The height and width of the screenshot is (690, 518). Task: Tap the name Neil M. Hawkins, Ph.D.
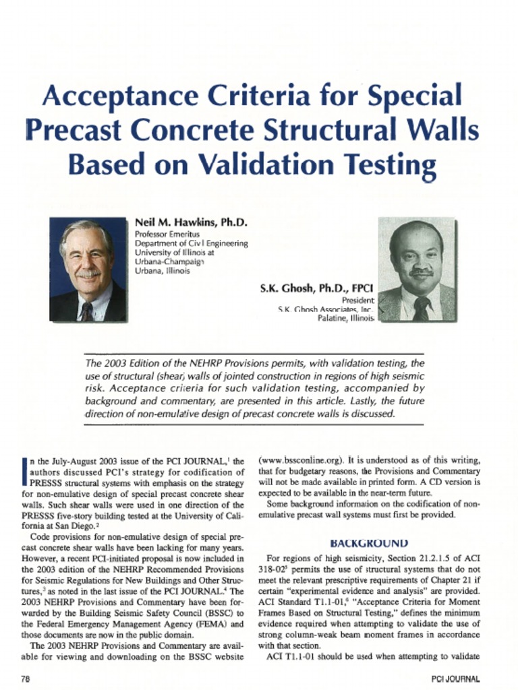pyautogui.click(x=192, y=222)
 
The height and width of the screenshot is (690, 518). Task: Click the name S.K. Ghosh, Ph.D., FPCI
pyautogui.click(x=317, y=288)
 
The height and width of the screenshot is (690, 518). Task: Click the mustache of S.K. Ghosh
pyautogui.click(x=419, y=273)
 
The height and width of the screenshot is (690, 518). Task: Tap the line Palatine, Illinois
pyautogui.click(x=345, y=319)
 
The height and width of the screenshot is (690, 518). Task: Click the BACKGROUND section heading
pyautogui.click(x=369, y=542)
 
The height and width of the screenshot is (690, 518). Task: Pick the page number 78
pyautogui.click(x=26, y=679)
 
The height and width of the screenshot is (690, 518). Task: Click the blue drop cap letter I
pyautogui.click(x=25, y=471)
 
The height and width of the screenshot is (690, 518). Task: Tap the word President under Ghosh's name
pyautogui.click(x=357, y=300)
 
